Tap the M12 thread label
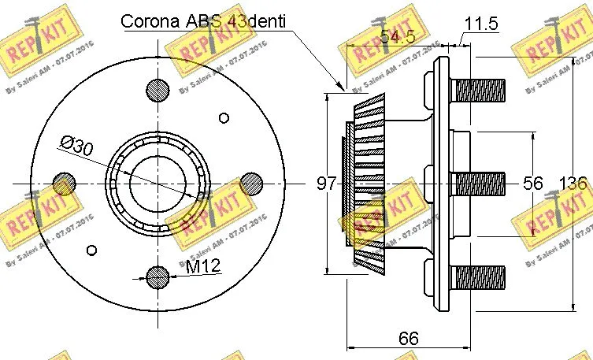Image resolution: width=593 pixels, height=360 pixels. (202, 268)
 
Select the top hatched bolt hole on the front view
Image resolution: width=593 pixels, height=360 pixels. (158, 88)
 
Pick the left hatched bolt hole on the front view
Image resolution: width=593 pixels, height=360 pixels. (64, 184)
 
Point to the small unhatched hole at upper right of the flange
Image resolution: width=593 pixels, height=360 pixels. (224, 118)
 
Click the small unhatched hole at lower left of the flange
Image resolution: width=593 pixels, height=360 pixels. (92, 250)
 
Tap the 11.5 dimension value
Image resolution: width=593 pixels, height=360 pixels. (481, 23)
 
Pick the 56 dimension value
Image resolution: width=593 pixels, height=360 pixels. (533, 184)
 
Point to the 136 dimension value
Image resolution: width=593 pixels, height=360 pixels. (573, 184)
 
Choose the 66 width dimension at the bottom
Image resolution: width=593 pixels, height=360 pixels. (407, 339)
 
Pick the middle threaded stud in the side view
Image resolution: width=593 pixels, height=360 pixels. (478, 184)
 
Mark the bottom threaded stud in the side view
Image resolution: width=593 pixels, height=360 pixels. (478, 278)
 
